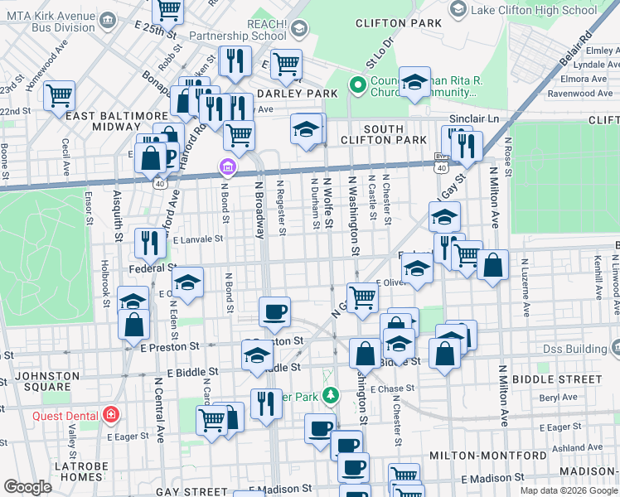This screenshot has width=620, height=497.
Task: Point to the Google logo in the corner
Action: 27,487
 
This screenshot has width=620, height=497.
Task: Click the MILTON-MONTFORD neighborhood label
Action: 477,456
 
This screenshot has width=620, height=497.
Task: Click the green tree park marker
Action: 331,396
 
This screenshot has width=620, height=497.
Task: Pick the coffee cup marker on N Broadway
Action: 274,311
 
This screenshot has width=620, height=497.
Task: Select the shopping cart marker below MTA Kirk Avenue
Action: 59,95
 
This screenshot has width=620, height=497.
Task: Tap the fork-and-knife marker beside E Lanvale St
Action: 148,241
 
